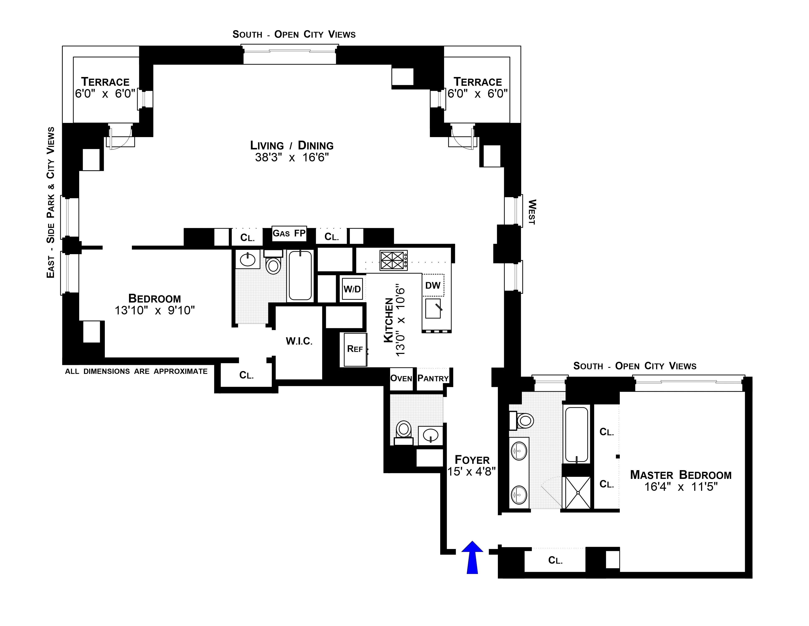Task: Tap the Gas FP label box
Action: [x=289, y=233]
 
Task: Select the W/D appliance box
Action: [x=352, y=289]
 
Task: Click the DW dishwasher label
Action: [x=433, y=285]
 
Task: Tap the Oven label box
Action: [x=401, y=378]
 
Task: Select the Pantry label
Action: [x=433, y=378]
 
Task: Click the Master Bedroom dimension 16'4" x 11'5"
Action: [x=681, y=487]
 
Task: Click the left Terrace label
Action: [x=105, y=82]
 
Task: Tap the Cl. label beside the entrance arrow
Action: [x=555, y=560]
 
